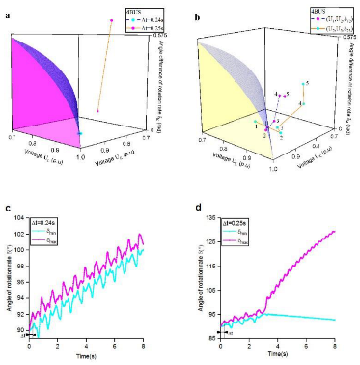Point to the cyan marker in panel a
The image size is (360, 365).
click(80, 133)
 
